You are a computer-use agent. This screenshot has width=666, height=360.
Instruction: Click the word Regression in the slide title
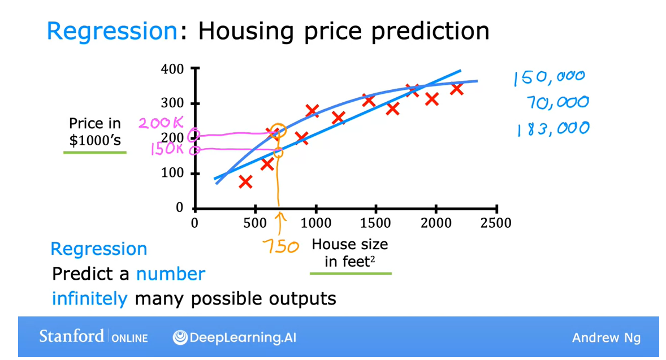click(112, 31)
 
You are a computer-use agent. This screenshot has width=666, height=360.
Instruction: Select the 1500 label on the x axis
click(375, 223)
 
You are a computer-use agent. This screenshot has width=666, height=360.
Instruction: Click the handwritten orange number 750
click(280, 246)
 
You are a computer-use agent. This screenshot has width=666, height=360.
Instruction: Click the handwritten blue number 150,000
click(548, 77)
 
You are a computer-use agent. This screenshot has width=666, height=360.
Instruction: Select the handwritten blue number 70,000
click(557, 103)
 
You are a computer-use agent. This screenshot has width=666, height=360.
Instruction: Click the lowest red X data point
click(245, 181)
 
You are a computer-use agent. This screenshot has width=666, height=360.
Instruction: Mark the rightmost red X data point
click(457, 89)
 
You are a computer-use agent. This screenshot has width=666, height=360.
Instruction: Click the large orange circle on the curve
click(278, 131)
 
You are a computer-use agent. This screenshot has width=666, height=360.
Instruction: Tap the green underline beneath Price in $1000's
click(95, 153)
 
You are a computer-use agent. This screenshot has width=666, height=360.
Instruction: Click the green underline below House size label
click(351, 274)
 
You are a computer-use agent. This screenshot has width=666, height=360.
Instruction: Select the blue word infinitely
click(90, 298)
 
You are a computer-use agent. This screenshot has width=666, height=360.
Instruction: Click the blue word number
click(170, 274)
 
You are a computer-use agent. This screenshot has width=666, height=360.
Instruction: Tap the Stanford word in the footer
click(71, 336)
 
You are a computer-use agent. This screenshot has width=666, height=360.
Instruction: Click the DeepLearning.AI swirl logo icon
click(180, 337)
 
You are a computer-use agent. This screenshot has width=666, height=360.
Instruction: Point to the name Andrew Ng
click(606, 338)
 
